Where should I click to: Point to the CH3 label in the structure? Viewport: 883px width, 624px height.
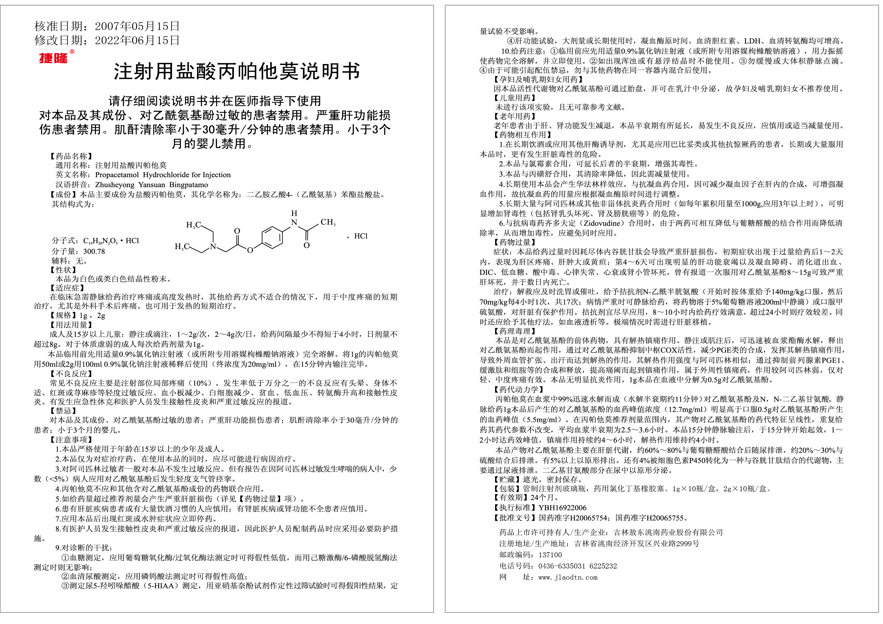click(x=328, y=222)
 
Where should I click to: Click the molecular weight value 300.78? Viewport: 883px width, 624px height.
click(x=94, y=251)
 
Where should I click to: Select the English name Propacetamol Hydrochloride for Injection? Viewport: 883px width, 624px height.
click(x=163, y=175)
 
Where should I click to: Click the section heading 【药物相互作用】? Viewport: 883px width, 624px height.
click(x=523, y=135)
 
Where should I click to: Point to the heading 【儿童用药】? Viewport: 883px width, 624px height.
click(x=515, y=98)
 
